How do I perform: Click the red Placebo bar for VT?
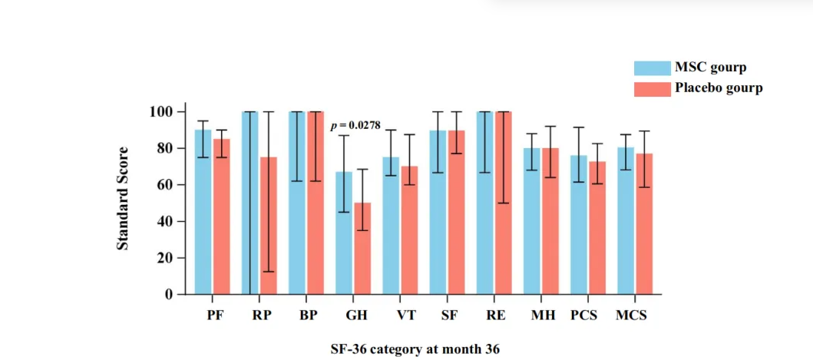pos(409,230)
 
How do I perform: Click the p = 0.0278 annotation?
pos(356,125)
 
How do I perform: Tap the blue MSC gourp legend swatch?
pos(651,68)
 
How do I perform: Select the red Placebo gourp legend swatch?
pos(651,88)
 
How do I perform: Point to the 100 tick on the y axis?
pos(163,112)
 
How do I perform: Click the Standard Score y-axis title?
pos(123,198)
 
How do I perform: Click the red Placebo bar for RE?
pos(503,203)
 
